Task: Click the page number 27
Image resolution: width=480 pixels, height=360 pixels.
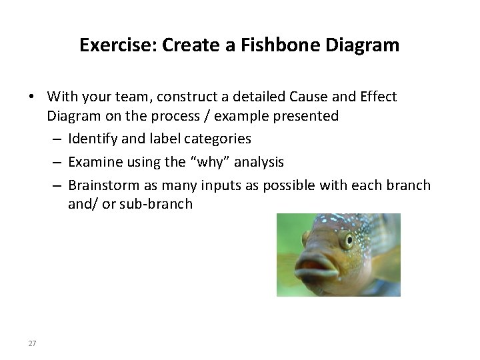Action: pos(32,343)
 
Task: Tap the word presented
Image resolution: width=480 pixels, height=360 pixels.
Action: pos(307,116)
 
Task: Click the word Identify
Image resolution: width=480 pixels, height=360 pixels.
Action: pos(92,139)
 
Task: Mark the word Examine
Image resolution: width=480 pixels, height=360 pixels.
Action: pos(93,162)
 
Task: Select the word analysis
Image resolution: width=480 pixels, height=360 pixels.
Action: pos(257,162)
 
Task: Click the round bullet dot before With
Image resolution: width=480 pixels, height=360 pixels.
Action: pos(31,97)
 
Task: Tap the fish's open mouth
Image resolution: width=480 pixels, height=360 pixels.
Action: pos(316,272)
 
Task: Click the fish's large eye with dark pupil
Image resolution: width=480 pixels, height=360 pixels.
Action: pos(346,240)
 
